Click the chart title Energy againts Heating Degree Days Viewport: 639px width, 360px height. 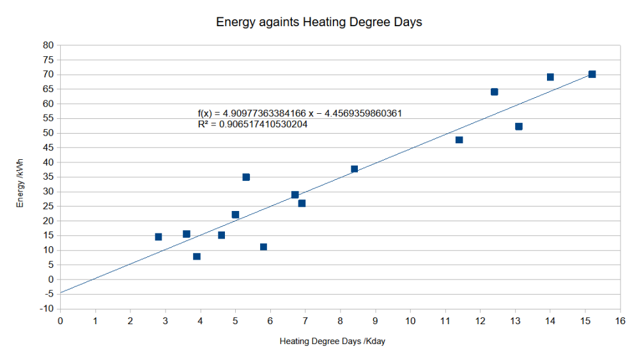(319, 22)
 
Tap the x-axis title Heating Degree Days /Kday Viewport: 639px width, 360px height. (332, 341)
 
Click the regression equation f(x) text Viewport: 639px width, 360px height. (300, 114)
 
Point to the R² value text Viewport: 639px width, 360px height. (253, 125)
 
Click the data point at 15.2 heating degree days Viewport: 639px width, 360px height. (592, 74)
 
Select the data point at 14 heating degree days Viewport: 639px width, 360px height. (550, 77)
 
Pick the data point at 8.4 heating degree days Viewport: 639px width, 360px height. (354, 169)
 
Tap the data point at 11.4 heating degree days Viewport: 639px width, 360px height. (459, 140)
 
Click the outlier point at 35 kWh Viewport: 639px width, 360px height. (246, 177)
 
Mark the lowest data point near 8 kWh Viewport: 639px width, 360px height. (197, 256)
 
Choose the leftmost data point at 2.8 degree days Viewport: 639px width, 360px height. (158, 237)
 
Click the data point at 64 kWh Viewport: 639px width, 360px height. (494, 92)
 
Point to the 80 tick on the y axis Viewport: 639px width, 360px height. (48, 45)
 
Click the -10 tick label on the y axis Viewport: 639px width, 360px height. (47, 309)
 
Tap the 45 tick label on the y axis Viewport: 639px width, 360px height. (48, 148)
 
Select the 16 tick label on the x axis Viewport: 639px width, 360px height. (619, 320)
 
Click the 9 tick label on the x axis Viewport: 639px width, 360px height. (375, 320)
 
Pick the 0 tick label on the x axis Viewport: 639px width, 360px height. (60, 320)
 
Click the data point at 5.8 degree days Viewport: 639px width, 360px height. (263, 247)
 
